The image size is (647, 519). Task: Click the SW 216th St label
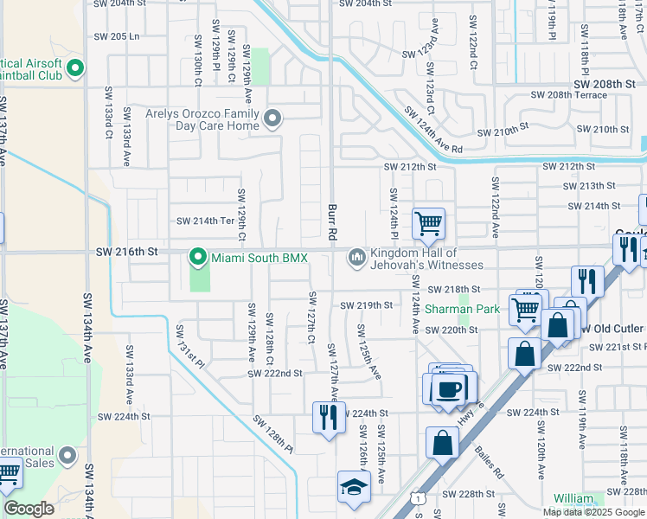126,251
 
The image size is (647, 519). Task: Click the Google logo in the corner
29,509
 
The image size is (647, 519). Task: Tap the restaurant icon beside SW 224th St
329,418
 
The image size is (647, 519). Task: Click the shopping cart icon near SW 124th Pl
429,224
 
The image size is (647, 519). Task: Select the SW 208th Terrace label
568,95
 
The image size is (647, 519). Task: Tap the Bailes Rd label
489,463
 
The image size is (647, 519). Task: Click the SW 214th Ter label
205,221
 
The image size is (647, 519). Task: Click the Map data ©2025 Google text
593,512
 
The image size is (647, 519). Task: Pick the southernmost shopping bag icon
442,442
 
